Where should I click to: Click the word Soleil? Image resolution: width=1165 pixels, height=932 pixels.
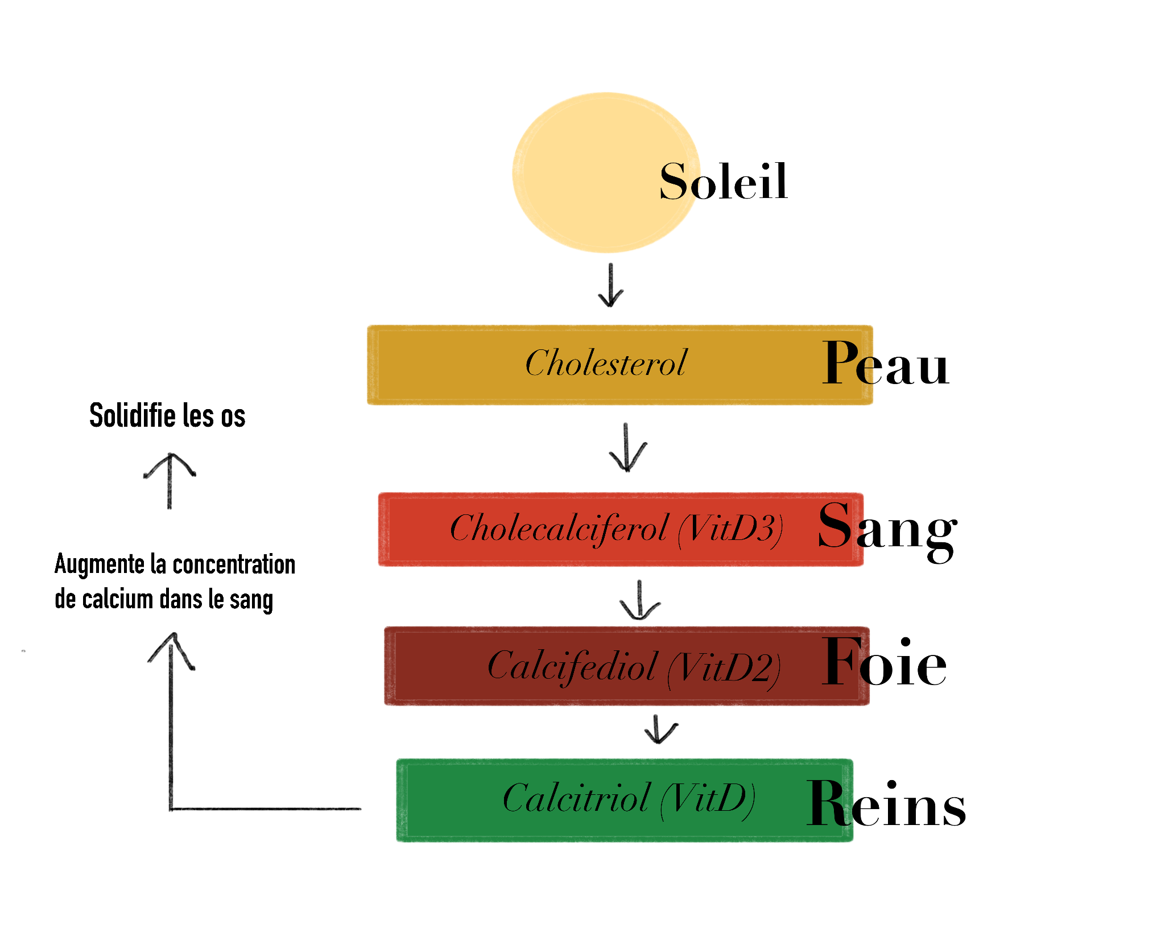pyautogui.click(x=724, y=182)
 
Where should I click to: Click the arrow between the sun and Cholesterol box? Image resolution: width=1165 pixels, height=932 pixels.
pyautogui.click(x=611, y=286)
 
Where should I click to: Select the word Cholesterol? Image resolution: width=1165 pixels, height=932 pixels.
pyautogui.click(x=606, y=363)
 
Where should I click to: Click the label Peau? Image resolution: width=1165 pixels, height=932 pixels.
pyautogui.click(x=885, y=365)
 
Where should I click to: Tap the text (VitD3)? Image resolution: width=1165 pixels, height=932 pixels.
pyautogui.click(x=731, y=530)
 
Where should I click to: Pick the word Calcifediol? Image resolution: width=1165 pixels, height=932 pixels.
pyautogui.click(x=572, y=666)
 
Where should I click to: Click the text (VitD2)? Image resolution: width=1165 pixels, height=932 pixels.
pyautogui.click(x=724, y=668)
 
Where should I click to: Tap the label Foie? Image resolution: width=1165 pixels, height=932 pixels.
pyautogui.click(x=884, y=663)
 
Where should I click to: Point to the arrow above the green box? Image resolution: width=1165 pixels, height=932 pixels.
pyautogui.click(x=660, y=730)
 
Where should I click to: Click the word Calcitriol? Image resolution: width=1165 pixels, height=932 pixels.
pyautogui.click(x=576, y=798)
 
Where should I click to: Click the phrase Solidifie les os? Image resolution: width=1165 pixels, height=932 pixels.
pyautogui.click(x=167, y=416)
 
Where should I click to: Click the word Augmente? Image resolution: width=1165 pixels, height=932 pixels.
pyautogui.click(x=100, y=565)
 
